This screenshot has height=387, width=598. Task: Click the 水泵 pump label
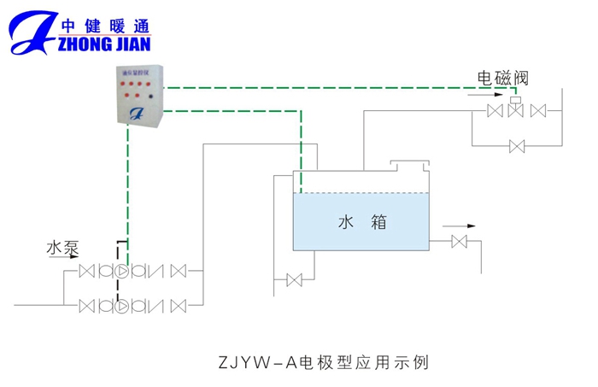pyautogui.click(x=62, y=249)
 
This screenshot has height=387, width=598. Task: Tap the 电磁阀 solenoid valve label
pyautogui.click(x=503, y=78)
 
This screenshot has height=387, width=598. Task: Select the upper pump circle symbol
pyautogui.click(x=120, y=272)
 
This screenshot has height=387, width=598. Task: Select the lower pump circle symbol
pyautogui.click(x=120, y=303)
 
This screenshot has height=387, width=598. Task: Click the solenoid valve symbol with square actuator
pyautogui.click(x=515, y=109)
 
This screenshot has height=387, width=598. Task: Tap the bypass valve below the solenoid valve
pyautogui.click(x=516, y=147)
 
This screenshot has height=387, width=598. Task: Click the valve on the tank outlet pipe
pyautogui.click(x=459, y=243)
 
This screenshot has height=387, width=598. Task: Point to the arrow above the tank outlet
pyautogui.click(x=459, y=226)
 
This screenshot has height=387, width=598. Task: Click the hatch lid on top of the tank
pyautogui.click(x=407, y=163)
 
